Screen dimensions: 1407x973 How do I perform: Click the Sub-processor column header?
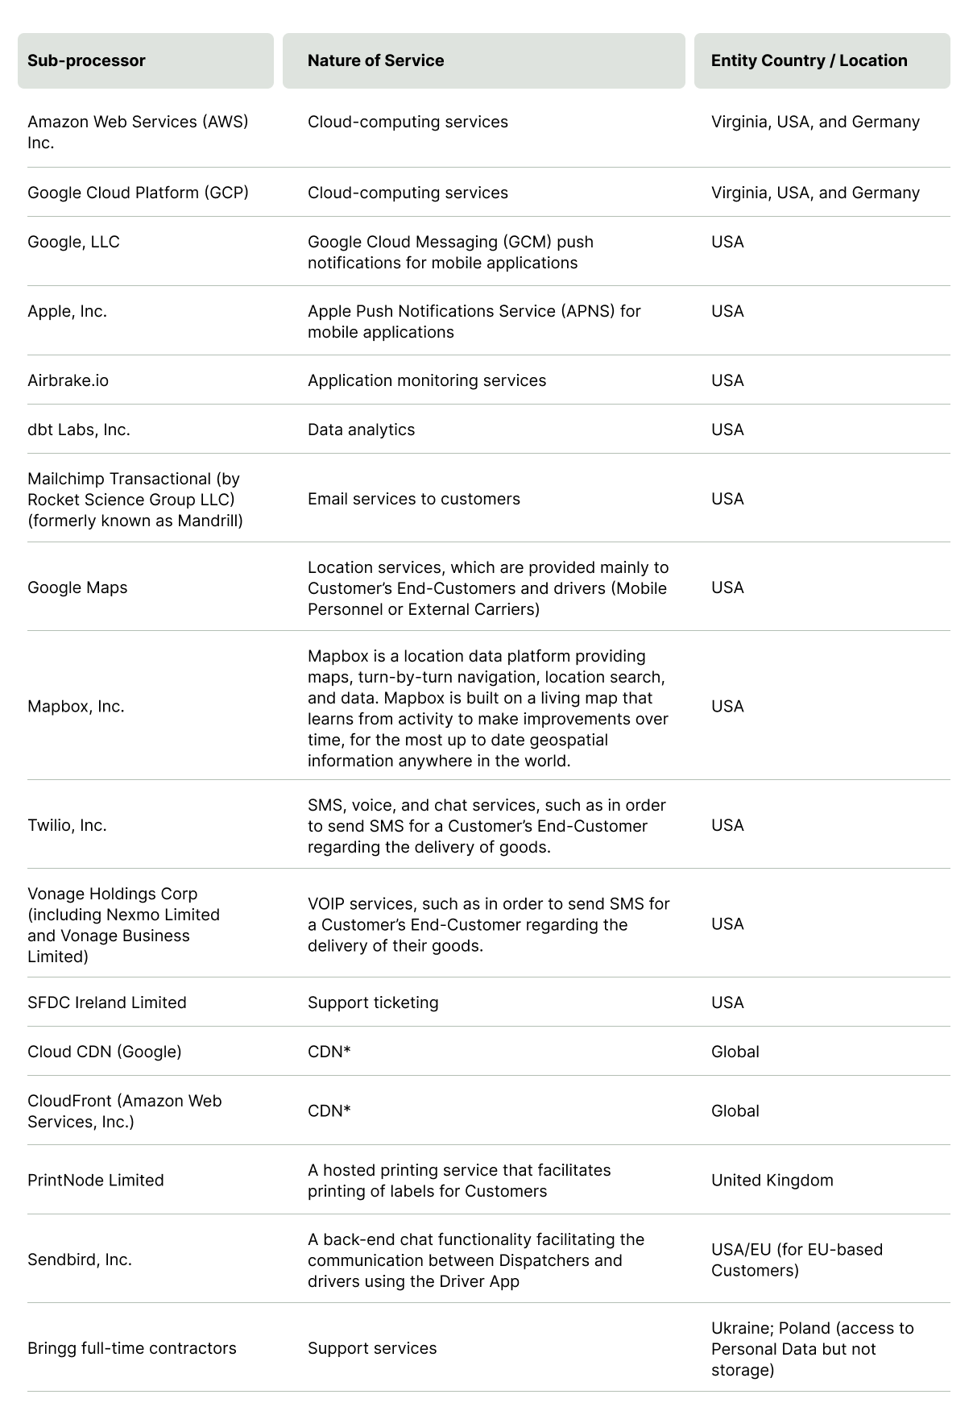coord(86,60)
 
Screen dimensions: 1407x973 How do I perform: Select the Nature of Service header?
coord(375,60)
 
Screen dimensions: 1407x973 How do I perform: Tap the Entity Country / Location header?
coord(809,60)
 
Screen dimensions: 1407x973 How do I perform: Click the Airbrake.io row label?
coord(68,380)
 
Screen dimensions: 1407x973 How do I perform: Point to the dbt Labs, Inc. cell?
coord(78,430)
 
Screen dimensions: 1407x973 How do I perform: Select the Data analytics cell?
coord(361,430)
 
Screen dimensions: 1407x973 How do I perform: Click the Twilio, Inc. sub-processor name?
coord(67,825)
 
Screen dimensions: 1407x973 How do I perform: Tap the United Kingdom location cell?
coord(772,1180)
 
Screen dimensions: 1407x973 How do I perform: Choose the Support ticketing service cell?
coord(373,1002)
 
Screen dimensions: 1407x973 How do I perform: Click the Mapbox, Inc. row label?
coord(76,706)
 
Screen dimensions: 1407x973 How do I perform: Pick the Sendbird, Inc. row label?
coord(79,1260)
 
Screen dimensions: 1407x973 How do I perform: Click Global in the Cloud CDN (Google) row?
coord(735,1052)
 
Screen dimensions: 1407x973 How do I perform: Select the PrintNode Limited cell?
coord(95,1180)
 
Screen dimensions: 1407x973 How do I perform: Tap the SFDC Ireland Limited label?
coord(106,1002)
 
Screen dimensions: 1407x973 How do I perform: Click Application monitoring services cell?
coord(426,380)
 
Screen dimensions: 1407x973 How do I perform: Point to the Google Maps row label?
coord(77,587)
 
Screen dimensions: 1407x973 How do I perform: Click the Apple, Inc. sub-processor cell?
coord(67,311)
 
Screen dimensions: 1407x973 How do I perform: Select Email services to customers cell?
coord(413,499)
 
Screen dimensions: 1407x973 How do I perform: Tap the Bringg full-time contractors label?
coord(131,1348)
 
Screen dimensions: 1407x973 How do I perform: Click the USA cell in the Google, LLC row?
coord(727,242)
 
